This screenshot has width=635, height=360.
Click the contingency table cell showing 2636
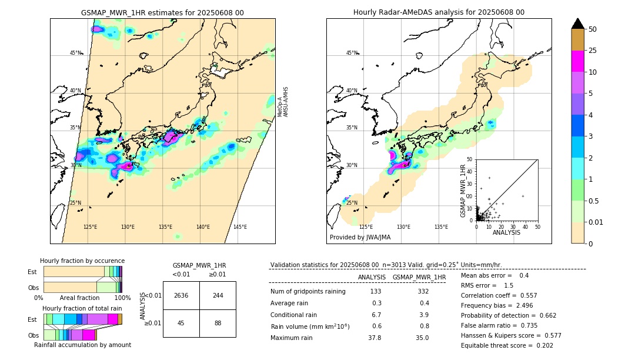(x=181, y=295)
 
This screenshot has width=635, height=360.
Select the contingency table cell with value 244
(x=218, y=295)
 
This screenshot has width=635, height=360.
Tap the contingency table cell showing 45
(x=181, y=322)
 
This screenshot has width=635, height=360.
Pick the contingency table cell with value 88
(x=218, y=322)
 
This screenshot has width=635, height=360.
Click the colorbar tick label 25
(x=593, y=51)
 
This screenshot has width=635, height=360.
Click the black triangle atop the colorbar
(x=578, y=24)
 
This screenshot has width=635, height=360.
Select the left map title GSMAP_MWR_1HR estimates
(x=162, y=12)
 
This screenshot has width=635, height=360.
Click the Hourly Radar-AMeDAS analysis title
(x=439, y=12)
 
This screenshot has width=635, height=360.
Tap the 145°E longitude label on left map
(x=240, y=227)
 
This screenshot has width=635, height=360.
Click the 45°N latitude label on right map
(x=351, y=53)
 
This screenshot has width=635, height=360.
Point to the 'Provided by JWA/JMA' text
(x=360, y=238)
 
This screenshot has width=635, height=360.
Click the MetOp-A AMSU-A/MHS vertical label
(x=283, y=102)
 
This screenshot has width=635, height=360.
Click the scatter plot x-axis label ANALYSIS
(x=506, y=232)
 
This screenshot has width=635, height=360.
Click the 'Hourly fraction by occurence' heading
(x=82, y=261)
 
